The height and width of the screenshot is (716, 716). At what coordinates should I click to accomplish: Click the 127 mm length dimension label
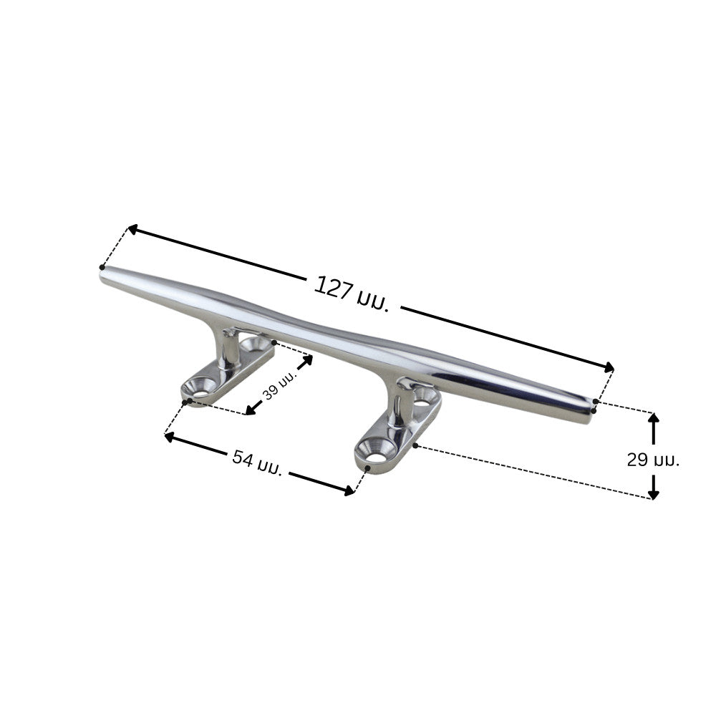coord(352,293)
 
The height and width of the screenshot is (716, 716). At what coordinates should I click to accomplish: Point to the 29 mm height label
coord(653,460)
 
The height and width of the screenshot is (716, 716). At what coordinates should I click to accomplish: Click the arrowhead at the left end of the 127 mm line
coord(132,230)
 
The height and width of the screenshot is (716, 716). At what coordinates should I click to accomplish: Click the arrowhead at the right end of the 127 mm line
coord(609,367)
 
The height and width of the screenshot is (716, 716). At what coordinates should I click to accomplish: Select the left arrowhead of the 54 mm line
coord(170,437)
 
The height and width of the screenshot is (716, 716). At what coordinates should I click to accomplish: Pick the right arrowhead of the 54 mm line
coord(349,491)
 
